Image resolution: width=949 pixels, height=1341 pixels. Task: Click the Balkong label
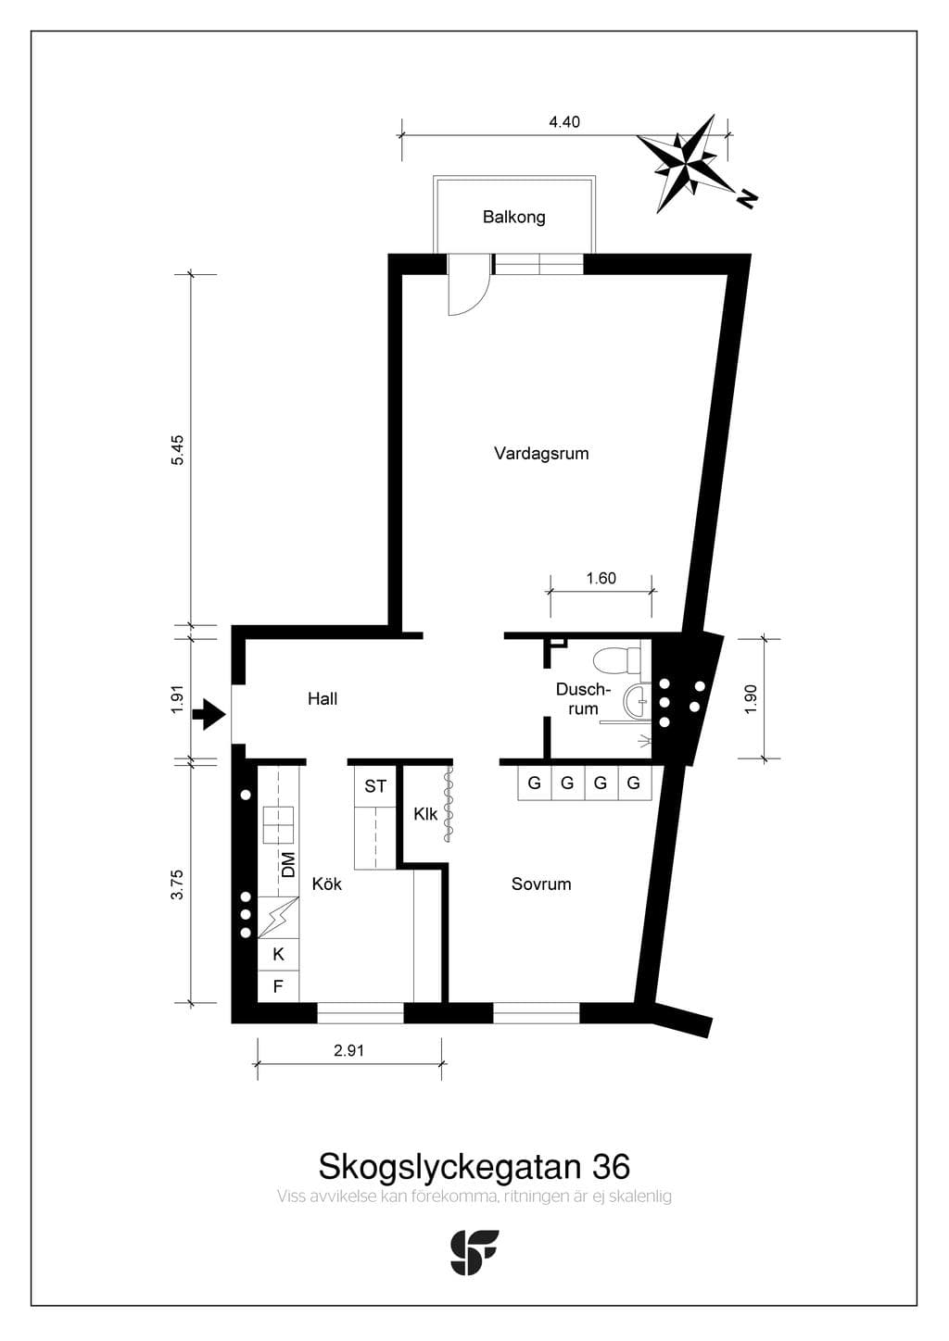pos(514,217)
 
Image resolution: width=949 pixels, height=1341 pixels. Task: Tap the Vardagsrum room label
pos(541,453)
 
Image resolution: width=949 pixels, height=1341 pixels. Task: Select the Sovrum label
pos(541,884)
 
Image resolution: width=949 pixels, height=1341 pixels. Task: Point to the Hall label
pos(323,698)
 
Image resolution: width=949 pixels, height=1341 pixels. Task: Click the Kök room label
pos(326,884)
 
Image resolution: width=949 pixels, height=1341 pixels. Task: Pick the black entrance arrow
pos(209,714)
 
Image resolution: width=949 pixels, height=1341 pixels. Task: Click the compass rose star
pos(686,162)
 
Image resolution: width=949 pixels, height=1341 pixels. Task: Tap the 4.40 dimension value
pos(564,122)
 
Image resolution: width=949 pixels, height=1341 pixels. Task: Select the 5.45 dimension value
pos(178,450)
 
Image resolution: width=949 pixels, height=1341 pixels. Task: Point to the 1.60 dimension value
pos(601,578)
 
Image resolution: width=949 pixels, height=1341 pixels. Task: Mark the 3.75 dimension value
pos(178,884)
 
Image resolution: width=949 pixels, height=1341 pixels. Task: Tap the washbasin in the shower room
pos(637,701)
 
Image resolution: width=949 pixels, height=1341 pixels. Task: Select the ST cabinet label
pos(375,786)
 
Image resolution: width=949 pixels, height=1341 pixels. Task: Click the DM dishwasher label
pos(289,864)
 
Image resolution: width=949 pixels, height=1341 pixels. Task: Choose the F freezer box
pos(278,986)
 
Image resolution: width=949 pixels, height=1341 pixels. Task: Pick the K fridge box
pos(278,954)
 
